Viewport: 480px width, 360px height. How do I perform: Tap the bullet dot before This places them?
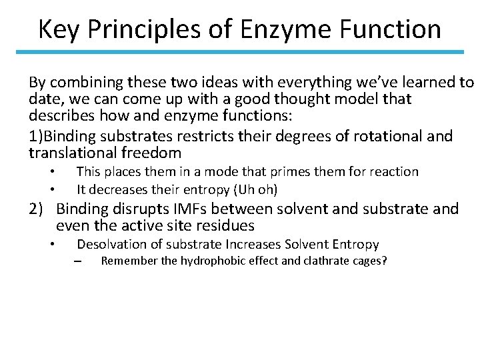(x=52, y=172)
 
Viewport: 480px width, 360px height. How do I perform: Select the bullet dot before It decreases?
(x=52, y=189)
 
